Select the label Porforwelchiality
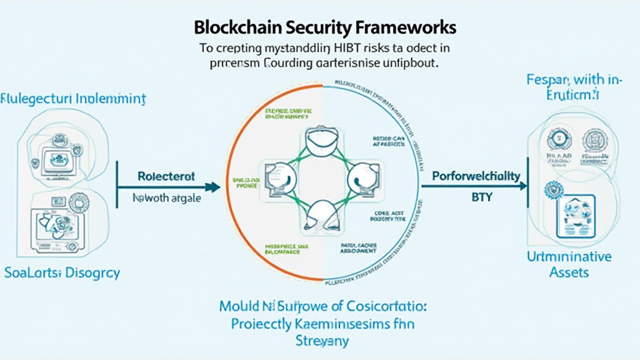pos(476,176)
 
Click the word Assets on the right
pos(569,272)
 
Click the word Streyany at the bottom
pos(321,341)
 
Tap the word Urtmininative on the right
pos(569,256)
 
